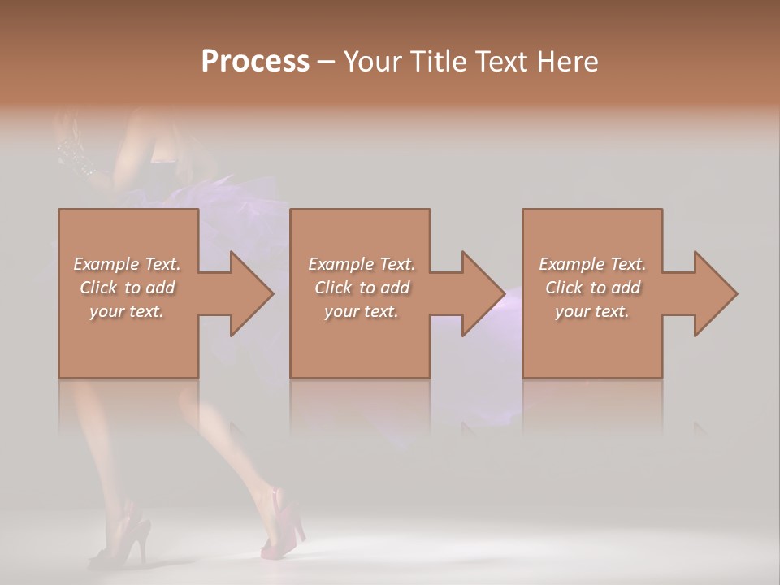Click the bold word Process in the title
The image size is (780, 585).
[255, 62]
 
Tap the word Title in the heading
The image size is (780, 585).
[435, 62]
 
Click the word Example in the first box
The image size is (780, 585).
[106, 264]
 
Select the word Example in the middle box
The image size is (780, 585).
[341, 264]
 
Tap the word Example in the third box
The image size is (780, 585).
[572, 264]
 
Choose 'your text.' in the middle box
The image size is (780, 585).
[362, 311]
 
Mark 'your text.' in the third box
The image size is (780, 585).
[592, 311]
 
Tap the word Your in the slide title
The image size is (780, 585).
[370, 62]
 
